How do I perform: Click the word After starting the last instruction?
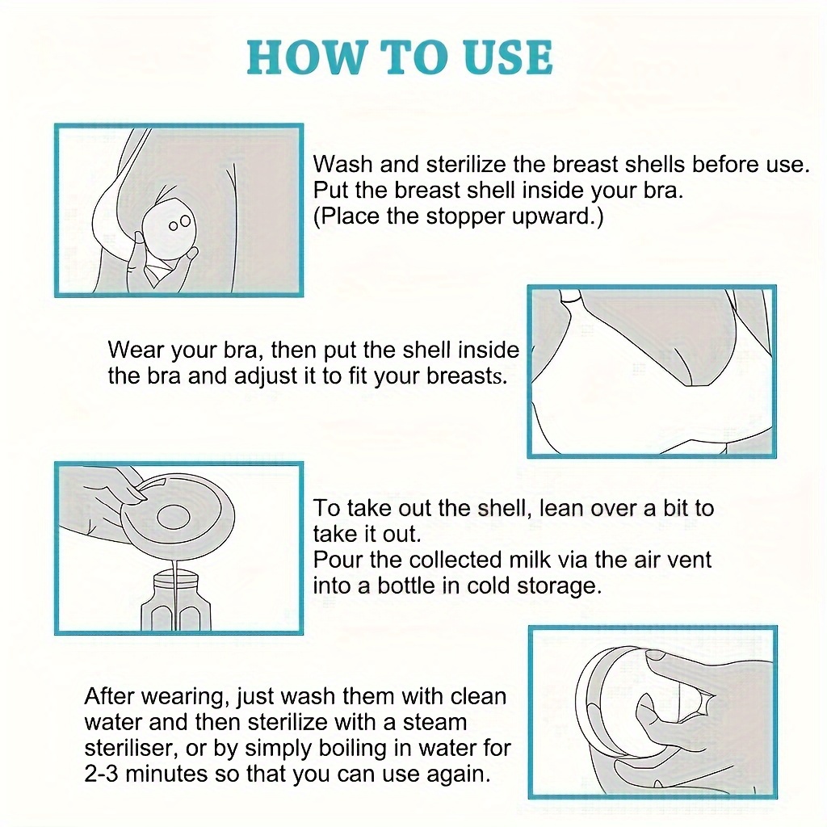(110, 696)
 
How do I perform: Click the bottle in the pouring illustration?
(175, 600)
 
